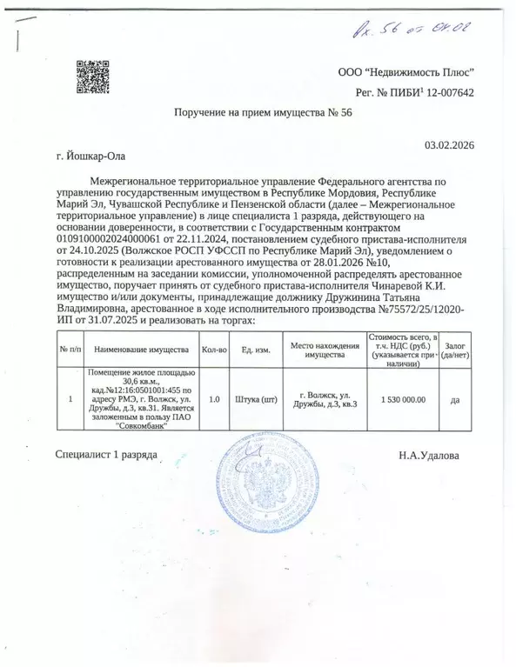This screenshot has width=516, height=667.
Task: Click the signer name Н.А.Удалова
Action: [426, 455]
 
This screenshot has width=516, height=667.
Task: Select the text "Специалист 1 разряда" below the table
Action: [105, 455]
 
